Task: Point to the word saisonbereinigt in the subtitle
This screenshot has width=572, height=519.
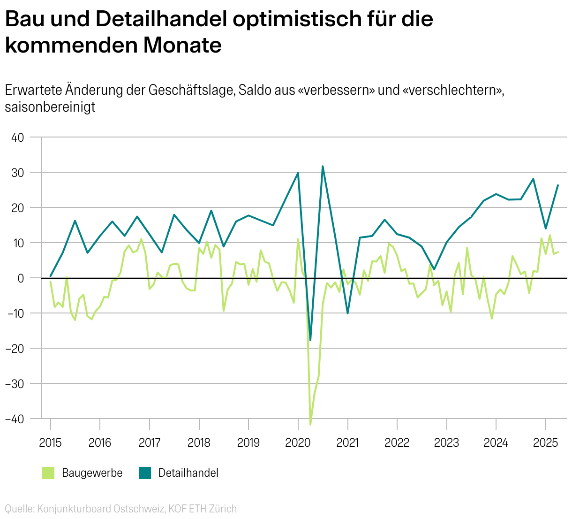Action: tap(50, 107)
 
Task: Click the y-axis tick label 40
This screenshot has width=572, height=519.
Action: tap(17, 137)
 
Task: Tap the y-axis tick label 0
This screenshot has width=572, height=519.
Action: tap(21, 278)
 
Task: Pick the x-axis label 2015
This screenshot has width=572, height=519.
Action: tap(50, 443)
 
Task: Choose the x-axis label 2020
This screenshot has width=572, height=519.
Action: tap(298, 443)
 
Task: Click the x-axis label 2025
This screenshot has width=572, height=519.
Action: tap(545, 443)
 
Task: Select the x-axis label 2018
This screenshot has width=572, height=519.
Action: tap(199, 443)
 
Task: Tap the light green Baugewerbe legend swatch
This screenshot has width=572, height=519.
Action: tap(48, 473)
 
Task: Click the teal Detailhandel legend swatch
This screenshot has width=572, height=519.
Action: tap(145, 473)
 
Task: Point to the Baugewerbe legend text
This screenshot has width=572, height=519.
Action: tap(92, 473)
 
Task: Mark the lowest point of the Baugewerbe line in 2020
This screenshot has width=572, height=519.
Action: tap(310, 424)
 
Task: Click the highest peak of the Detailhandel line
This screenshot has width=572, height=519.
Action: tap(323, 166)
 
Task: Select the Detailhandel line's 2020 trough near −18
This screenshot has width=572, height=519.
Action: tap(310, 340)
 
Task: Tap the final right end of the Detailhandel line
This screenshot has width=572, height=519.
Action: tap(558, 185)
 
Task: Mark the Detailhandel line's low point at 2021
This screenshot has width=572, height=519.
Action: tap(347, 313)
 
